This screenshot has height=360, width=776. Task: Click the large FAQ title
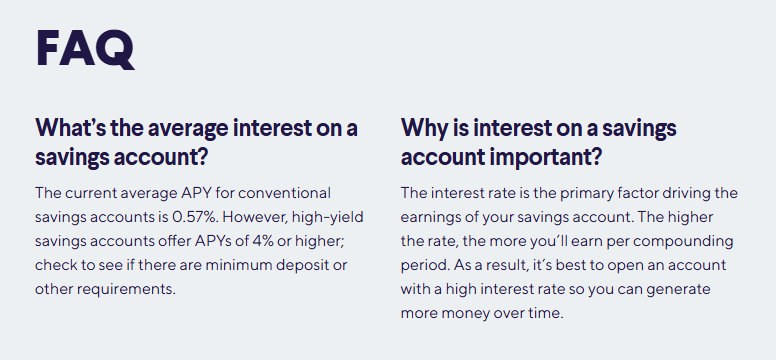(x=84, y=48)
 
